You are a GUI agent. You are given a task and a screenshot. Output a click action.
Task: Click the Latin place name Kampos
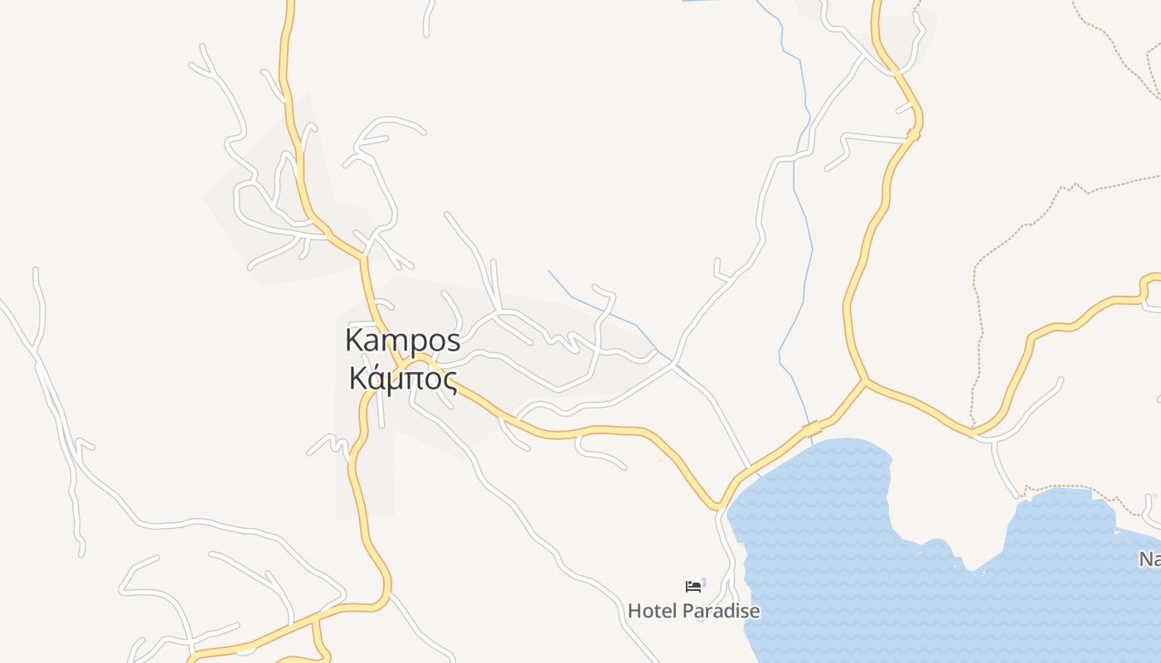coord(402,341)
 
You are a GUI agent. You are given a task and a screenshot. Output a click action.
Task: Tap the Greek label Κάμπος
coord(403,379)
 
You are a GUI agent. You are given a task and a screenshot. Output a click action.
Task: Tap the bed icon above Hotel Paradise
coord(693,587)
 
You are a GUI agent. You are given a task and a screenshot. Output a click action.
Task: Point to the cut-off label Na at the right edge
coord(1149,559)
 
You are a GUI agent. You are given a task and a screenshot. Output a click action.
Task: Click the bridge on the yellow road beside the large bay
coord(812,428)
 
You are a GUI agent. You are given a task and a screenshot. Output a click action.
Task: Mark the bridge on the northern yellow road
coord(914,133)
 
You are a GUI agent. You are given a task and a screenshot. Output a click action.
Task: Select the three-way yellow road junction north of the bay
coord(865,381)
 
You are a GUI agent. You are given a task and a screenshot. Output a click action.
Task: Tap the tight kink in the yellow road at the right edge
coord(1147,290)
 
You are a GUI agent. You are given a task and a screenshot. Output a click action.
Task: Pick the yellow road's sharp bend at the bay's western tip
coord(718,506)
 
